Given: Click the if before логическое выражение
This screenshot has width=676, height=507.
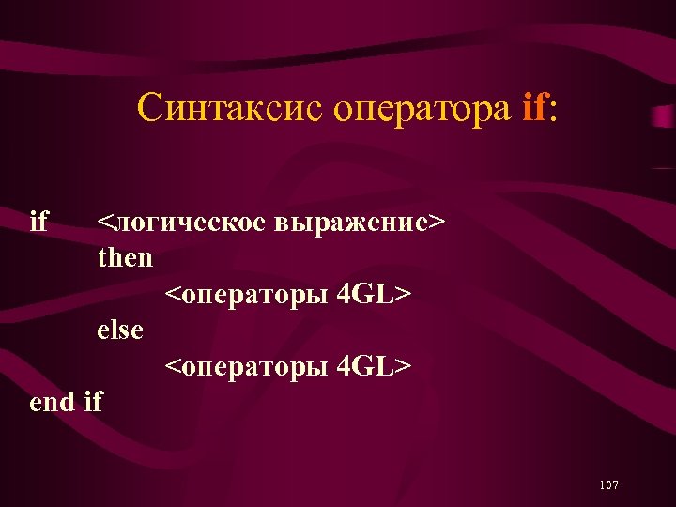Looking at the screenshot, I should click(x=38, y=222).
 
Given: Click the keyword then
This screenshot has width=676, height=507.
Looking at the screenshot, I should click(x=125, y=257).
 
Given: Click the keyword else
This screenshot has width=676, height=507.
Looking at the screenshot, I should click(x=121, y=330).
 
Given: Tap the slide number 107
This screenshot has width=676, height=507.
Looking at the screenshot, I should click(x=607, y=484).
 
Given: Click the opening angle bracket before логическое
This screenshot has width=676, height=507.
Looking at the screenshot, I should click(x=104, y=223).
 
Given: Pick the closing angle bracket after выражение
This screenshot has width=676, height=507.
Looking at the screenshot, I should click(x=437, y=223).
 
